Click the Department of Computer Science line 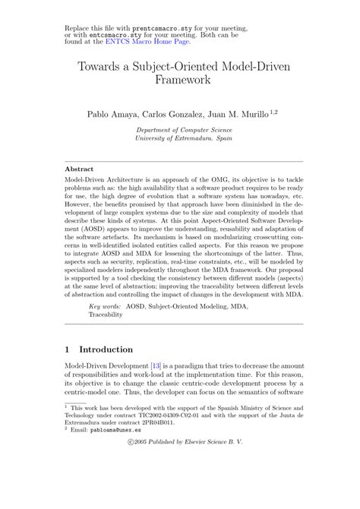(x=180, y=130)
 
